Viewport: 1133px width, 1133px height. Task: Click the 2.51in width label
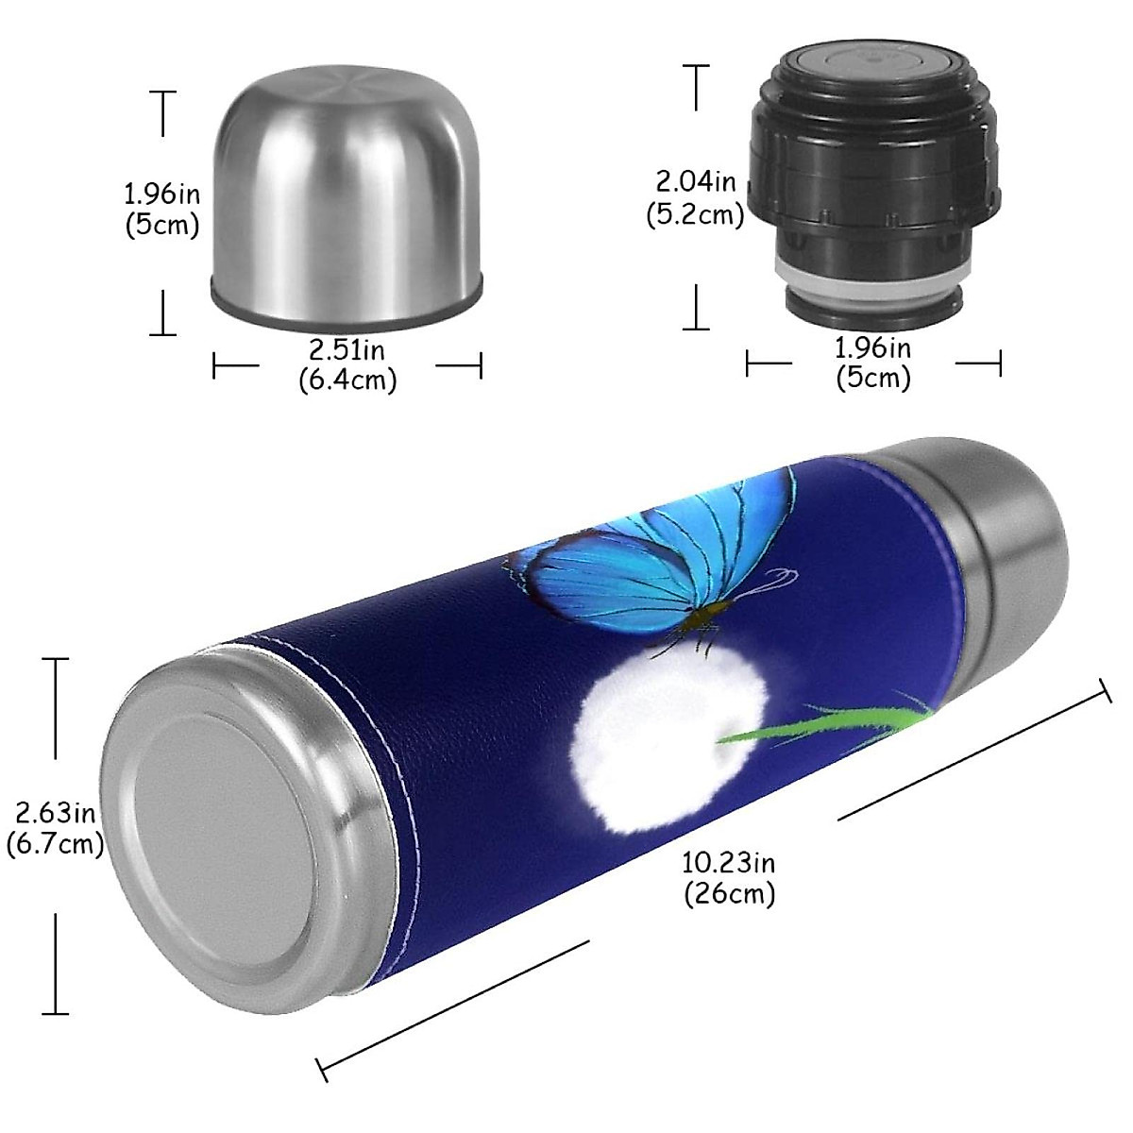point(347,350)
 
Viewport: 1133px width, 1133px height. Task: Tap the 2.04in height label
point(696,180)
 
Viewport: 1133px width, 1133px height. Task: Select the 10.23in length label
point(728,862)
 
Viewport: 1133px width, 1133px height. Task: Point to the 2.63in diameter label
point(55,812)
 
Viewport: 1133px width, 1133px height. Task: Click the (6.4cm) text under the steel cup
point(347,380)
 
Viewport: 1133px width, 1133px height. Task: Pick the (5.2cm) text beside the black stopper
point(696,214)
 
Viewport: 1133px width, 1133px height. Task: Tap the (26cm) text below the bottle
point(729,893)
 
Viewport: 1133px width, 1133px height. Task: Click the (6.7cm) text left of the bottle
point(55,843)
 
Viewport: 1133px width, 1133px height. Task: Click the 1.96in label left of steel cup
point(162,194)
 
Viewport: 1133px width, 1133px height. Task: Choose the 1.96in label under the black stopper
point(873,348)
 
